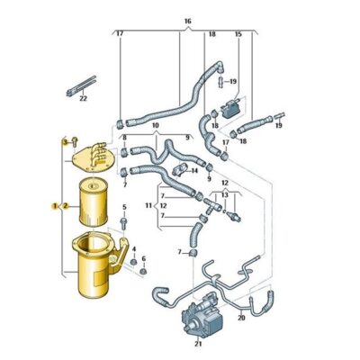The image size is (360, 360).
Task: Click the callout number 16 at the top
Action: [x=187, y=22]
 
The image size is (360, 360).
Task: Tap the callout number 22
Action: [x=83, y=98]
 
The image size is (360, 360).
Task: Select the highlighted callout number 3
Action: [x=65, y=141]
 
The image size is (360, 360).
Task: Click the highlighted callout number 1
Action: [x=55, y=206]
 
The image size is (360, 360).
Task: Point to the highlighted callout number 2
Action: [x=66, y=206]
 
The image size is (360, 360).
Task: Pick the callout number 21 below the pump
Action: [x=198, y=344]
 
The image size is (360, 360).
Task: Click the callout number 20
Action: [x=241, y=317]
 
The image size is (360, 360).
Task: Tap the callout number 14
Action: [x=194, y=171]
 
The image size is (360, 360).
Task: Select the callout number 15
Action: [x=238, y=34]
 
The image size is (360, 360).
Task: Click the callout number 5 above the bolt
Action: [x=124, y=207]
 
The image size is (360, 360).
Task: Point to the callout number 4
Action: [x=134, y=249]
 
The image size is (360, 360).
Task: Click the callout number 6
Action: [x=144, y=258]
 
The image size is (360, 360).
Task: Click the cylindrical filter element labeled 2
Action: [x=94, y=202]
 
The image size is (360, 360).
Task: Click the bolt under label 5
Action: [x=123, y=223]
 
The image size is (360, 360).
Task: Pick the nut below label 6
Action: [x=144, y=272]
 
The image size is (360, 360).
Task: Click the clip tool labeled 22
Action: [x=81, y=85]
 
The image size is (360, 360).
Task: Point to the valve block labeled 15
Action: [x=230, y=109]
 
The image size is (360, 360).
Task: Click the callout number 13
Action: [x=225, y=195]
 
